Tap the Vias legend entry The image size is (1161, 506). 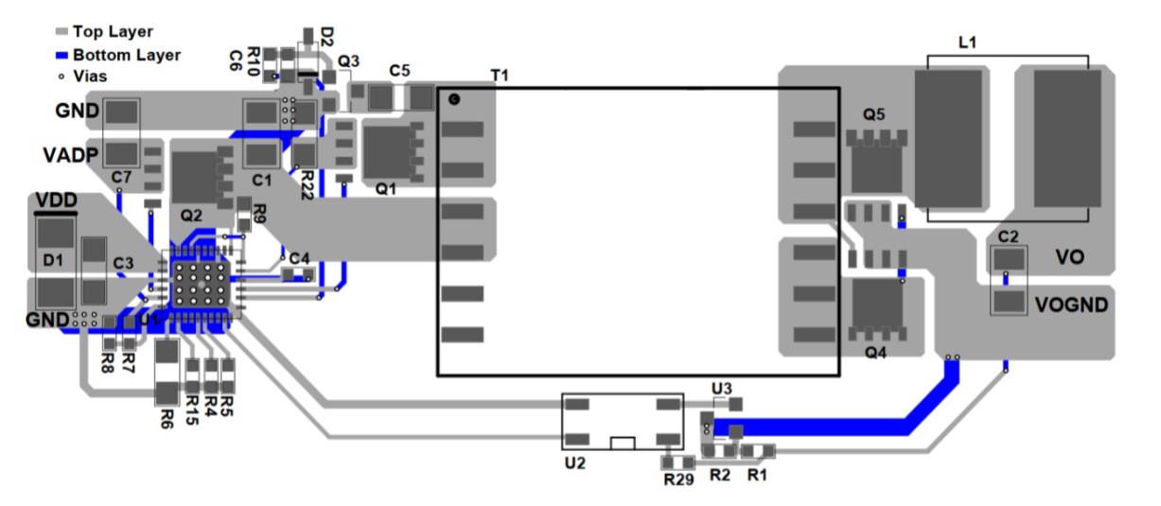(x=90, y=76)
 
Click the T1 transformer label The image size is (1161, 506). (x=500, y=76)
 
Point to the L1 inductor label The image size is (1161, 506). (x=968, y=43)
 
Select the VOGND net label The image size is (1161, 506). (x=1074, y=305)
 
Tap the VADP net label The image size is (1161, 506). (x=70, y=154)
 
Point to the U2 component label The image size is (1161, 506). (x=574, y=463)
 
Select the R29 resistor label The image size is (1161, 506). (x=677, y=480)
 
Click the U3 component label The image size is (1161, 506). (x=722, y=388)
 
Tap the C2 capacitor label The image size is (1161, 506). (x=1008, y=236)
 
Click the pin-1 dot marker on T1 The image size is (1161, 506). (x=454, y=99)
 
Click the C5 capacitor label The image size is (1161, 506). (x=399, y=70)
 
